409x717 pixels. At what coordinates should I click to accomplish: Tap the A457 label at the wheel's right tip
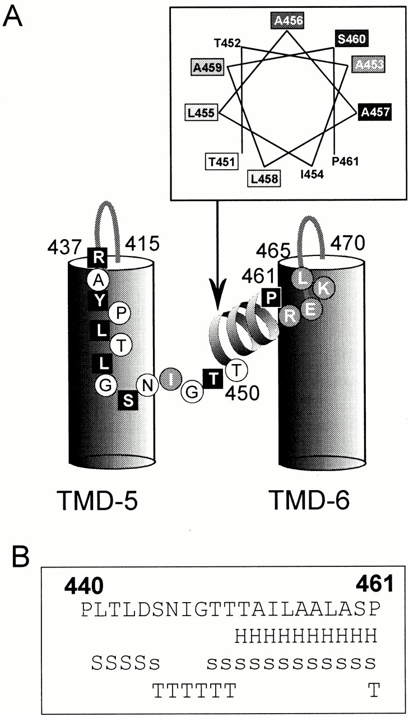coord(374,112)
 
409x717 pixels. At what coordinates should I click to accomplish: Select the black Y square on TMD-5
coord(98,300)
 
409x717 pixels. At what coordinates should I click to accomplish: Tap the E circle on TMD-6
coord(311,308)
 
